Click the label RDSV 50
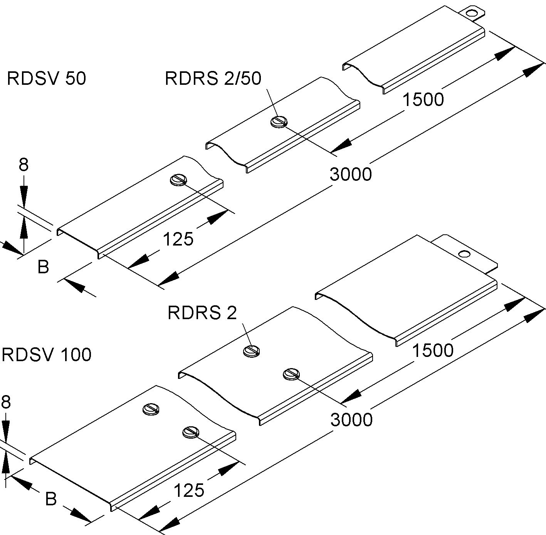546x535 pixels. tap(46, 78)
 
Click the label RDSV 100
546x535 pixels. tap(47, 354)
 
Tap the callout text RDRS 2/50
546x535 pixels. tap(213, 78)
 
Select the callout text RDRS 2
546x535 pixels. tap(202, 313)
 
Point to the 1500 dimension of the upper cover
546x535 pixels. tap(423, 99)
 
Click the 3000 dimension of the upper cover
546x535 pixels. tap(351, 174)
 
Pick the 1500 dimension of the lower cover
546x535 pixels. tap(433, 350)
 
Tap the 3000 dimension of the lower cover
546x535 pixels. tap(351, 419)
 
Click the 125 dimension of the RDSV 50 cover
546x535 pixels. tap(178, 239)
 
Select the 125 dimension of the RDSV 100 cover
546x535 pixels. tap(189, 491)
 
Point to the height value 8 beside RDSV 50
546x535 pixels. tap(24, 165)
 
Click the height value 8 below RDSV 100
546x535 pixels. tap(6, 402)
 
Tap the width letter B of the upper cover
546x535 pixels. tap(43, 267)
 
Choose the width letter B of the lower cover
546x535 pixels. tap(51, 499)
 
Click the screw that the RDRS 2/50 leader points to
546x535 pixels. tap(279, 122)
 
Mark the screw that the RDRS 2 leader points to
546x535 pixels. tap(252, 351)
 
